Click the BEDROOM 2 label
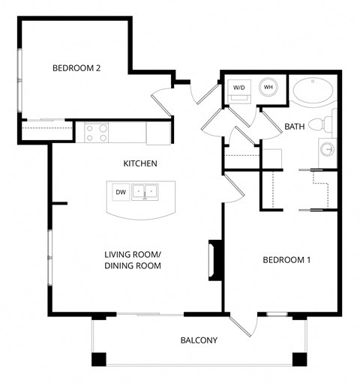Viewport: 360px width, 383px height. tap(76, 68)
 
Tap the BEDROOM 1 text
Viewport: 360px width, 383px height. tap(286, 260)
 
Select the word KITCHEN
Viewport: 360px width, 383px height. tap(140, 163)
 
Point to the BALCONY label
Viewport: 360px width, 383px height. tap(199, 340)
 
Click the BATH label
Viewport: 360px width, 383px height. tap(294, 127)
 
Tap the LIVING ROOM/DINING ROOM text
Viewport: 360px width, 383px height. tap(133, 259)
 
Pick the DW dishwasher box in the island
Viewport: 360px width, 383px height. tap(120, 193)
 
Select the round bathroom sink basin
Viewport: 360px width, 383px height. tap(328, 149)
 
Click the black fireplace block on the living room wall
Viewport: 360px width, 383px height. tap(215, 260)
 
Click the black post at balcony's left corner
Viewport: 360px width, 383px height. tap(99, 359)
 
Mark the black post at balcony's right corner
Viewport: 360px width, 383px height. tap(300, 359)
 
